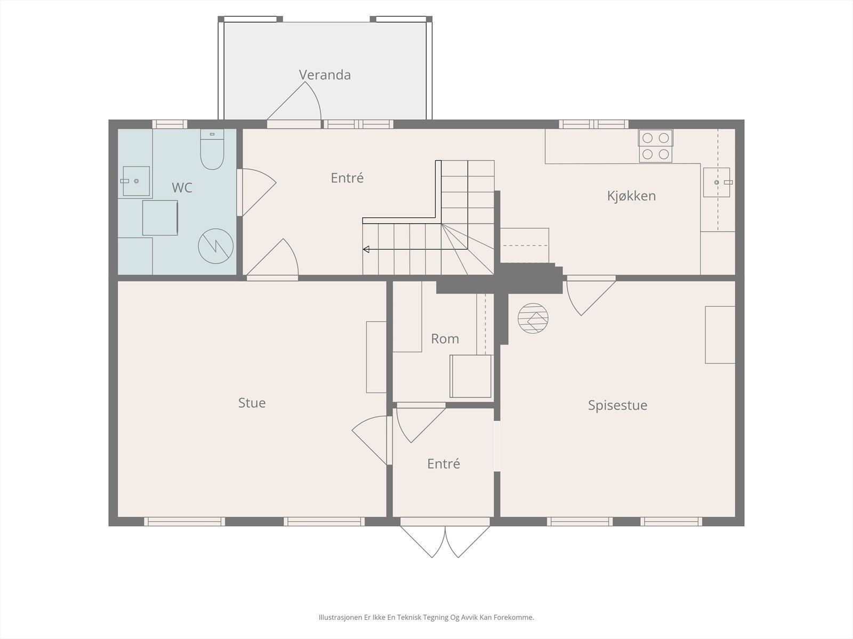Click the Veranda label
click(x=325, y=75)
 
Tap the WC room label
click(x=182, y=187)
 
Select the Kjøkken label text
click(x=632, y=196)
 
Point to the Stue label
click(x=252, y=403)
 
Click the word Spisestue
click(x=617, y=405)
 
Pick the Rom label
click(x=445, y=339)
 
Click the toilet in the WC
click(x=212, y=150)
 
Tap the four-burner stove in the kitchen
click(x=656, y=146)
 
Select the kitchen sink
click(x=717, y=182)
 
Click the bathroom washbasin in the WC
click(x=136, y=181)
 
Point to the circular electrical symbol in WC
click(x=216, y=246)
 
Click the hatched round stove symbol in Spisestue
click(x=533, y=318)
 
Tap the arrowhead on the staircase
click(x=366, y=249)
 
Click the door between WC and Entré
click(x=256, y=192)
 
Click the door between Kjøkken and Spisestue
click(x=591, y=295)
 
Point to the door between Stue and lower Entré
click(x=372, y=440)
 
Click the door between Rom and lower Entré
click(x=421, y=423)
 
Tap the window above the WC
click(x=170, y=124)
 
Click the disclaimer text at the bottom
click(x=426, y=617)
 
